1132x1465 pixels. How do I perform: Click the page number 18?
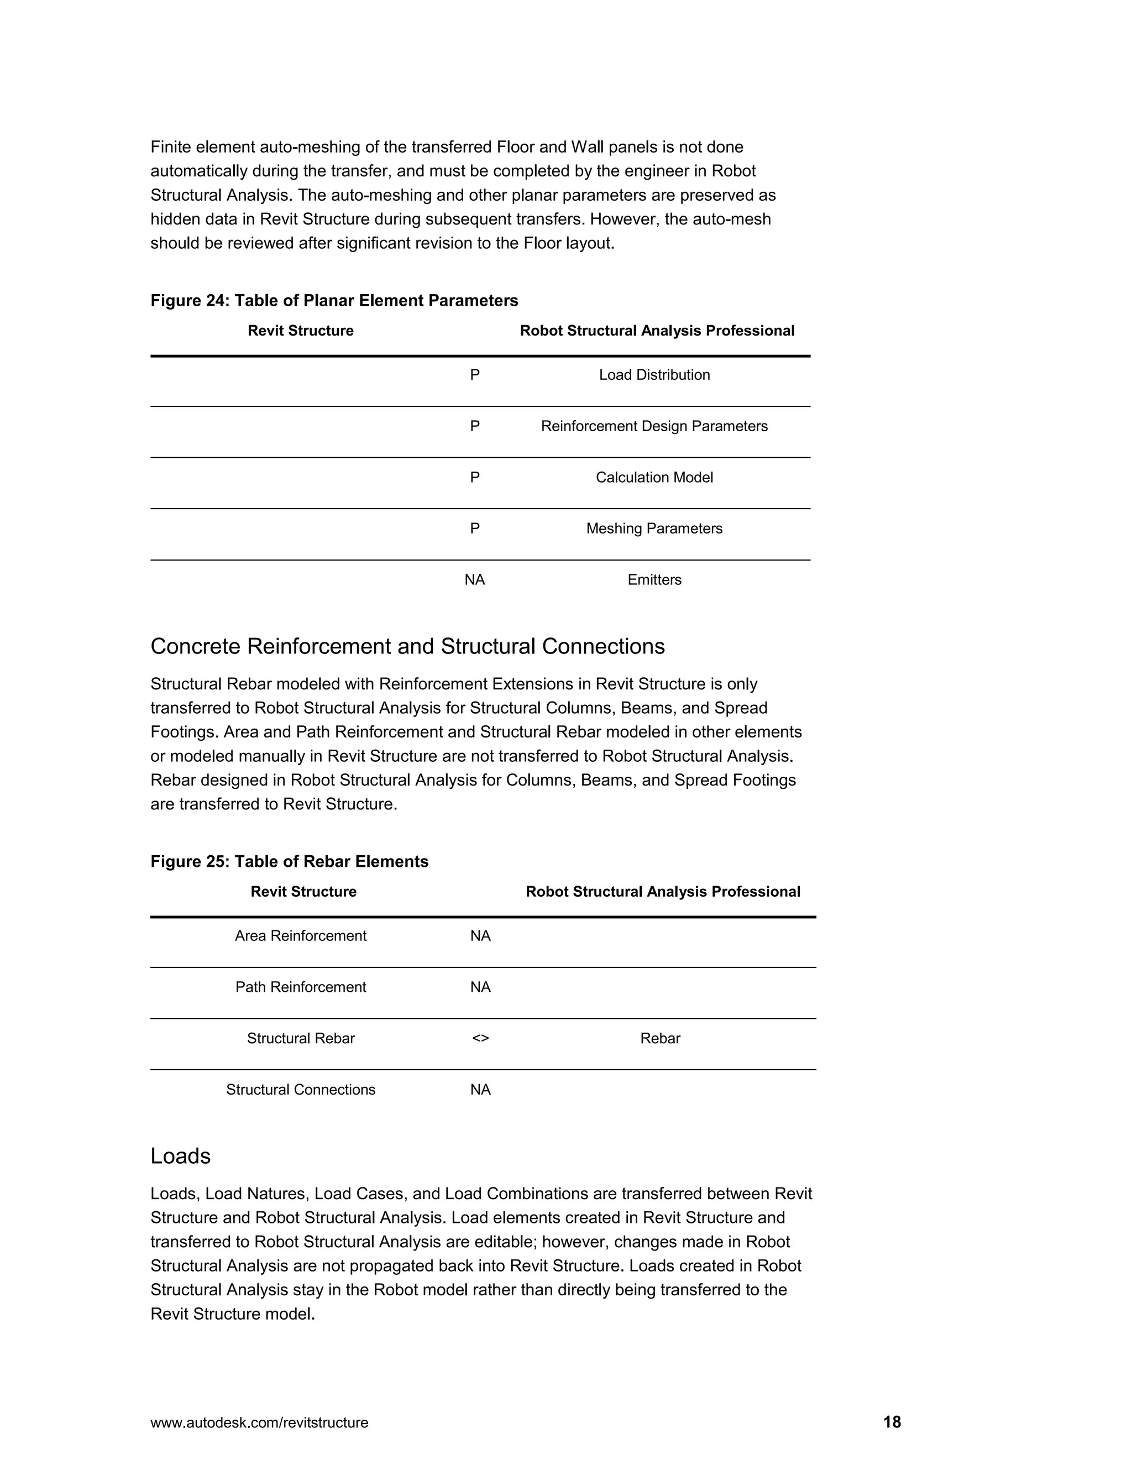[x=892, y=1422]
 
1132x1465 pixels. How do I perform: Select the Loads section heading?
[x=180, y=1156]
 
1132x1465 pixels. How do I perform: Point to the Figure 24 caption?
[x=334, y=301]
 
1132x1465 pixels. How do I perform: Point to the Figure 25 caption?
[x=289, y=861]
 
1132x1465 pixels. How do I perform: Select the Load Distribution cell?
[x=654, y=375]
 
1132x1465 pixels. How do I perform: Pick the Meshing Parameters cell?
[x=654, y=529]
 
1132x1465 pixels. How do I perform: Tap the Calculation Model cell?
[x=654, y=478]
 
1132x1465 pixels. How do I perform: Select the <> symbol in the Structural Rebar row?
[x=480, y=1038]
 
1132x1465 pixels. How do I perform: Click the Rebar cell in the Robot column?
[x=660, y=1038]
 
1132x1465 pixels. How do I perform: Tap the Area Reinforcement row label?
[x=301, y=936]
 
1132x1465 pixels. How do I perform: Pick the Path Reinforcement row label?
[x=301, y=987]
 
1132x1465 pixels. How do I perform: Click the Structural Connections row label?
[x=301, y=1090]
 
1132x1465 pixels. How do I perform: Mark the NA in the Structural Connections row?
[x=480, y=1090]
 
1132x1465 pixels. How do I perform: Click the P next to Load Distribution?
[x=474, y=375]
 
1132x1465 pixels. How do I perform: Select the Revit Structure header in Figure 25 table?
[x=303, y=892]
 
